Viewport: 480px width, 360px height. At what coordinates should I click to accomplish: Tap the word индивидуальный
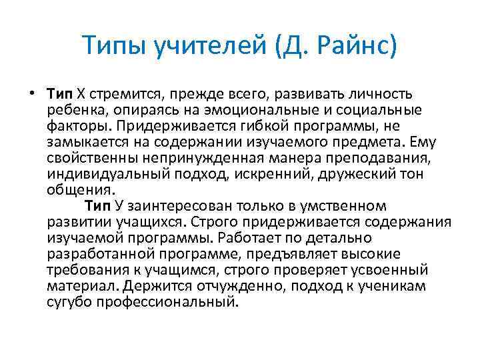[x=107, y=174]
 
